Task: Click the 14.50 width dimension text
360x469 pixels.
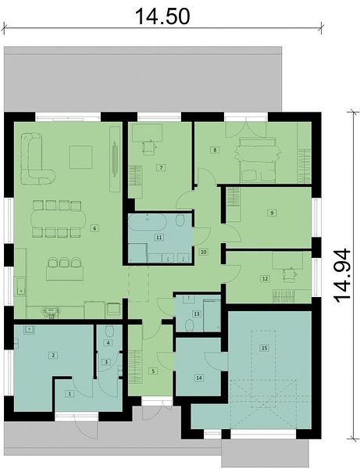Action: (162, 16)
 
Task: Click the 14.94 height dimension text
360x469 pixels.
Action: (341, 275)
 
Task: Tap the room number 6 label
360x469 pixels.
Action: (94, 228)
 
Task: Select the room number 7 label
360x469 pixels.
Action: (161, 167)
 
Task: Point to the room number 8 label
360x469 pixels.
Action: (215, 149)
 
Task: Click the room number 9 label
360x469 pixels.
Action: (272, 213)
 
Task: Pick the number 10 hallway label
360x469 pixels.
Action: (204, 252)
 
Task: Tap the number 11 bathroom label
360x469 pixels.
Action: (159, 237)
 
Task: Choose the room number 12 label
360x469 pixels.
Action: (265, 278)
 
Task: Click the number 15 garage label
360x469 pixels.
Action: (264, 348)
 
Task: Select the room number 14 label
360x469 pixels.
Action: (199, 378)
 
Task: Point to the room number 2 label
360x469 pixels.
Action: (53, 356)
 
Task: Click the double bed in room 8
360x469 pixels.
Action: (258, 159)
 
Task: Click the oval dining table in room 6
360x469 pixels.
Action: (58, 219)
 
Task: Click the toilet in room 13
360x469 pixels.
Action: (189, 325)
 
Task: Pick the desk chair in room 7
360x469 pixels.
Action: (149, 148)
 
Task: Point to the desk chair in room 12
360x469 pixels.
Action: (289, 274)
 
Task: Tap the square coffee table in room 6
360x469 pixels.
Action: (80, 157)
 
